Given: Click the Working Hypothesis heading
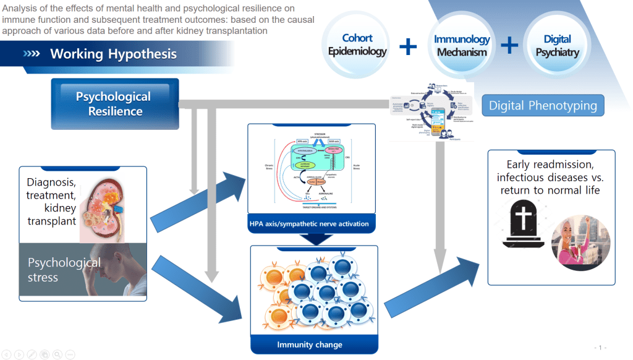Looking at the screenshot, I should pyautogui.click(x=113, y=54).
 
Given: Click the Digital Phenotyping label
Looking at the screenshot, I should pyautogui.click(x=543, y=105).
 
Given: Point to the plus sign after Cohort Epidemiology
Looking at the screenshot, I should pyautogui.click(x=408, y=46).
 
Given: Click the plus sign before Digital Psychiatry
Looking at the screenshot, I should pyautogui.click(x=509, y=45).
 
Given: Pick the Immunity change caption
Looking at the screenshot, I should pyautogui.click(x=309, y=345).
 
